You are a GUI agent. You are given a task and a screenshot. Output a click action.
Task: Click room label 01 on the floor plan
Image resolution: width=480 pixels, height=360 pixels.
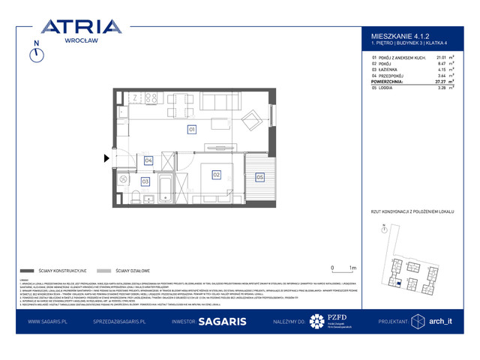point(191,130)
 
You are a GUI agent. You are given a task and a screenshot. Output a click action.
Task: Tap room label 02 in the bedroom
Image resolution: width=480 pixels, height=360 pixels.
point(216,175)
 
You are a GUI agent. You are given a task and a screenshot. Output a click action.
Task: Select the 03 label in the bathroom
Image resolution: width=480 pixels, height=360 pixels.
point(145,181)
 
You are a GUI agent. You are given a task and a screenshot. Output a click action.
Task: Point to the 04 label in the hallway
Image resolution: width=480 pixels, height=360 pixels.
point(148,160)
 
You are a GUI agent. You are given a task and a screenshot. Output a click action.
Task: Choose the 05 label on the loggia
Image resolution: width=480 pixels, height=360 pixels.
point(259,177)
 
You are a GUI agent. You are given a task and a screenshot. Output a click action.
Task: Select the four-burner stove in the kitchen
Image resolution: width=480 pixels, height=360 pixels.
point(151,97)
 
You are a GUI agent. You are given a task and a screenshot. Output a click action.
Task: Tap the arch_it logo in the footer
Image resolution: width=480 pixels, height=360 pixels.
point(439,321)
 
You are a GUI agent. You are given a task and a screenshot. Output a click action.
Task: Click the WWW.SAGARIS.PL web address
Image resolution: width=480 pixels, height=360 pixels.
point(49,321)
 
